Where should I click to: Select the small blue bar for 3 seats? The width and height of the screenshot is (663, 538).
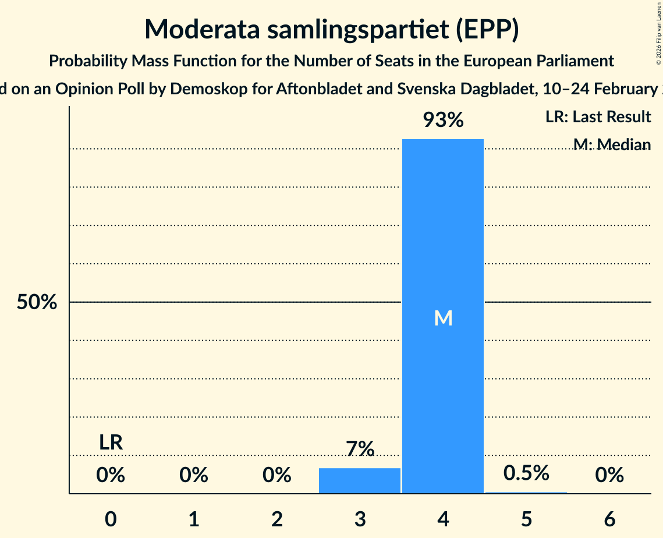click(x=360, y=480)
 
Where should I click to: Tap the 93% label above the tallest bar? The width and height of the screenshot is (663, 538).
click(x=443, y=120)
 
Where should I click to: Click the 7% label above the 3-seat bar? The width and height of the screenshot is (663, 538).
click(x=360, y=449)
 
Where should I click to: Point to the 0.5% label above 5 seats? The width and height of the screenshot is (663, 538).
click(x=526, y=473)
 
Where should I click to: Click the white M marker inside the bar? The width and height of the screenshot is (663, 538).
click(x=443, y=318)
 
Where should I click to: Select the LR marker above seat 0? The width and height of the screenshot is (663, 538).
click(x=111, y=443)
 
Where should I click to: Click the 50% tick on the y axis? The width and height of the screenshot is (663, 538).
click(x=37, y=302)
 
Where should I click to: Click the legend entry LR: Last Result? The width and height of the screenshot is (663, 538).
click(x=598, y=117)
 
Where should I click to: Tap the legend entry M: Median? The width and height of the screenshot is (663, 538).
click(x=611, y=144)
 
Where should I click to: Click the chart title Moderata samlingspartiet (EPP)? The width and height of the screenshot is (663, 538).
click(x=331, y=30)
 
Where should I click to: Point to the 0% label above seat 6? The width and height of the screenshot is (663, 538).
click(x=609, y=476)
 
